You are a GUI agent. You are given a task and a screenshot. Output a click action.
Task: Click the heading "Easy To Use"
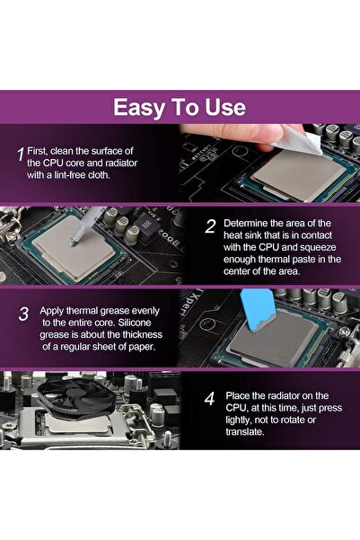tap(180, 107)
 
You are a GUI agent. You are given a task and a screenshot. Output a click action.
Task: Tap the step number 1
tap(21, 154)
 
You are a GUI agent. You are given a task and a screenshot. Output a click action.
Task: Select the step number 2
tap(210, 226)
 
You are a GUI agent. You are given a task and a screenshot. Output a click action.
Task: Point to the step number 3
tap(23, 314)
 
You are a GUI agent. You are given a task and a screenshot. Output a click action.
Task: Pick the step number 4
tap(209, 399)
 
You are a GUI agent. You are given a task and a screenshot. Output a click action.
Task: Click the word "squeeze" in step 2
tap(318, 247)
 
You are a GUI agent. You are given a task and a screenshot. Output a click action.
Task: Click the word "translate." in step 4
tap(245, 432)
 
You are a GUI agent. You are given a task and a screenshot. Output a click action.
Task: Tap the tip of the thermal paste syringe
tap(71, 244)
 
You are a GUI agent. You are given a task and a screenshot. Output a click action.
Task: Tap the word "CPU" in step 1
tap(53, 163)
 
